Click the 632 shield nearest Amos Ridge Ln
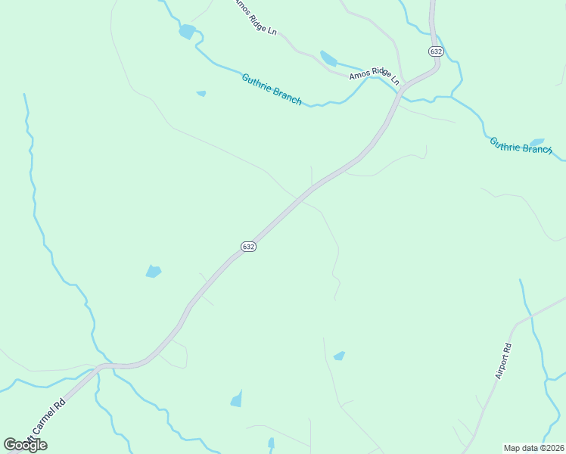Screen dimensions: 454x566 (x=435, y=51)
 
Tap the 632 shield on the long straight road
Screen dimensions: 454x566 (x=249, y=247)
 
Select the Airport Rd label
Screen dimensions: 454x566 (x=503, y=361)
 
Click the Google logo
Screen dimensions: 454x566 (x=26, y=444)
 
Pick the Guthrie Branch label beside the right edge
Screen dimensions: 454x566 (x=521, y=145)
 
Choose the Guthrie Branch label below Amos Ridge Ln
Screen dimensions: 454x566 (x=272, y=89)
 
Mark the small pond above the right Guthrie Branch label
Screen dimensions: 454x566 (x=537, y=141)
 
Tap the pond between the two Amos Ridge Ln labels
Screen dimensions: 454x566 (x=328, y=58)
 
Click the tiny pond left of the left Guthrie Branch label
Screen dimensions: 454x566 (x=201, y=94)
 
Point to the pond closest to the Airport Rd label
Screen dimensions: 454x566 (x=339, y=356)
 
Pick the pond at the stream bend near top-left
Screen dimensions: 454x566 (x=186, y=32)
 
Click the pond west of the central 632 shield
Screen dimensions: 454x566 (x=154, y=271)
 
